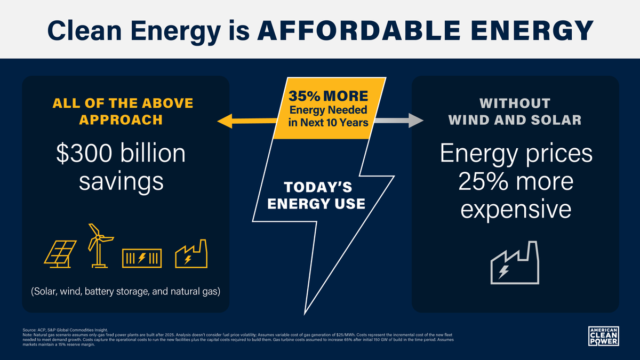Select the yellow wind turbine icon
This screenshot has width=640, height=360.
[x=98, y=244]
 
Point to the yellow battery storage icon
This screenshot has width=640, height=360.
[x=142, y=258]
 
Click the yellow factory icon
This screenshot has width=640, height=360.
[x=191, y=254]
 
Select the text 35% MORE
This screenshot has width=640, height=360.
[x=329, y=97]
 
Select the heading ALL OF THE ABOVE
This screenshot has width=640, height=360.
[x=123, y=103]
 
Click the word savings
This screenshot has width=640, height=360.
[x=121, y=181]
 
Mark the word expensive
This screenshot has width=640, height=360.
[x=516, y=209]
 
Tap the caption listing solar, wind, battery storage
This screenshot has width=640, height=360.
[x=125, y=292]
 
